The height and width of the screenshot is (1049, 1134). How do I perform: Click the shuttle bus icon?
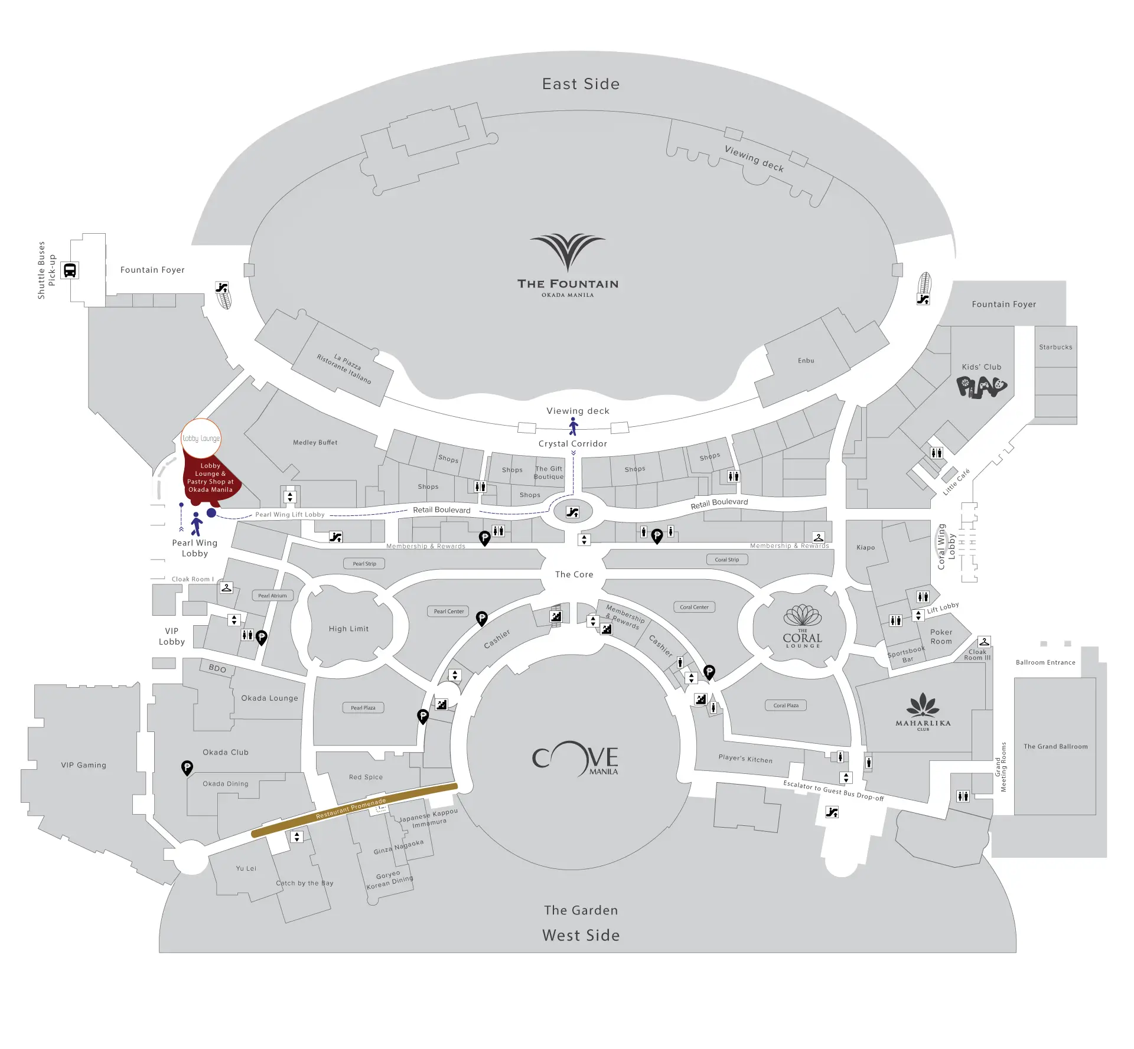pos(70,270)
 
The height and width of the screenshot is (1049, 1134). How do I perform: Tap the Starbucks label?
pos(1055,347)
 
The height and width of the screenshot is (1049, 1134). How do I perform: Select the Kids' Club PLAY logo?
pos(981,387)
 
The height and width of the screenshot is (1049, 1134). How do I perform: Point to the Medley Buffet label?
pos(315,442)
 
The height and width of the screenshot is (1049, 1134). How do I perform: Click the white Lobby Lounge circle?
pos(201,439)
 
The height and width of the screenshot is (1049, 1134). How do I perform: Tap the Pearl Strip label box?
pos(364,564)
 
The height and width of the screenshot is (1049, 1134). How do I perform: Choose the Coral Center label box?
pos(694,607)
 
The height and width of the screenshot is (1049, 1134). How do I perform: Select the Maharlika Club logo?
pos(923,712)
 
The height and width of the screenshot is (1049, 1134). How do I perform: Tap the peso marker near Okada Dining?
pos(187,767)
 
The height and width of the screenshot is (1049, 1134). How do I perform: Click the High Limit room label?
pos(348,629)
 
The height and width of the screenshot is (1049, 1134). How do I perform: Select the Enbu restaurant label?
pos(806,361)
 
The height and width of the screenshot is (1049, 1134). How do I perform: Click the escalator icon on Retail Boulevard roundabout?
pos(572,512)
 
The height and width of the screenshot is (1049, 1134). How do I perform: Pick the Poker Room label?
pos(941,636)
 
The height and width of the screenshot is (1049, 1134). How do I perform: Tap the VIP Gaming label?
pos(83,765)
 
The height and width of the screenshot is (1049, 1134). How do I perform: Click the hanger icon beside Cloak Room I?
pos(226,587)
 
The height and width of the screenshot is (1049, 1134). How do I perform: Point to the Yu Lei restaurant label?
pos(246,868)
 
